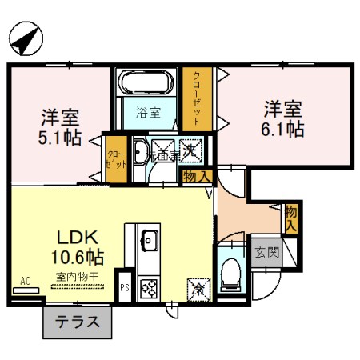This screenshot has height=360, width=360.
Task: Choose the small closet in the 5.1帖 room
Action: [116, 158]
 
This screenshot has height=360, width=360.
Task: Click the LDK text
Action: [76, 237]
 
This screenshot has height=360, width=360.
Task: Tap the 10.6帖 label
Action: [76, 258]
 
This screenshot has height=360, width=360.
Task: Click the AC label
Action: [26, 281]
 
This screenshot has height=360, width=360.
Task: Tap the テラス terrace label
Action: [77, 323]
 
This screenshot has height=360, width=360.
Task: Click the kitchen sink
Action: [150, 238]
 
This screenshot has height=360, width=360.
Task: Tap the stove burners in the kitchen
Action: [149, 286]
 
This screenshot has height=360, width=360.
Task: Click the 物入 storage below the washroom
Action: [197, 176]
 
